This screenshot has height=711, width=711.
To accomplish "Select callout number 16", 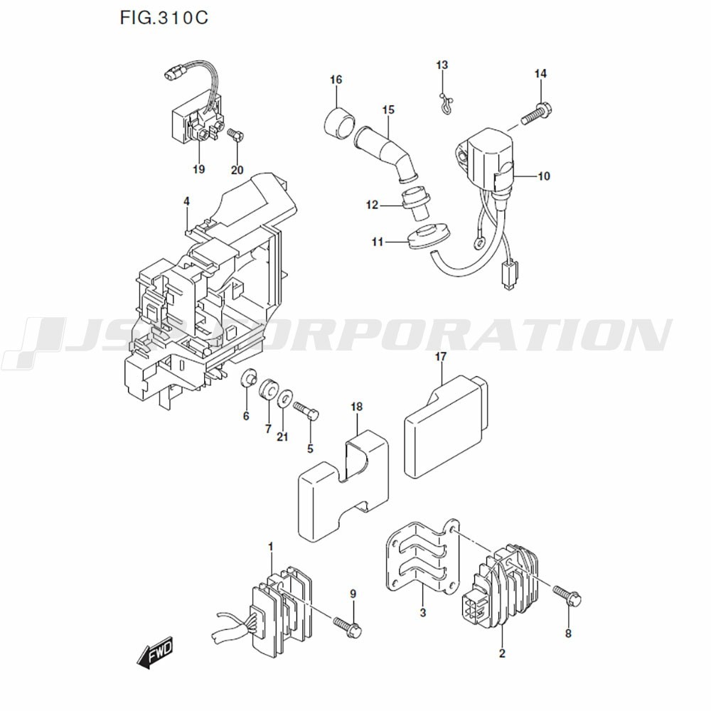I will tap(336, 80).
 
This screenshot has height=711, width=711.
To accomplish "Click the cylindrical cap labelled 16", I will tap(339, 123).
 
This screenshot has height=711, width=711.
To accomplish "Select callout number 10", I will tap(543, 176).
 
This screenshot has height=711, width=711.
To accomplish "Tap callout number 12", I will tap(373, 205).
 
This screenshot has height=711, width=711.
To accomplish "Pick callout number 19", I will tap(198, 169).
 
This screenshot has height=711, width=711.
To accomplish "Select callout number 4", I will tap(186, 202).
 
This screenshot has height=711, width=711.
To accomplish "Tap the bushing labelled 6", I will tap(250, 378).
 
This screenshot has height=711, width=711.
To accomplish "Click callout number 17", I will tap(441, 356).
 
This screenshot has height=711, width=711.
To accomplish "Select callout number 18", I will tap(356, 407).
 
